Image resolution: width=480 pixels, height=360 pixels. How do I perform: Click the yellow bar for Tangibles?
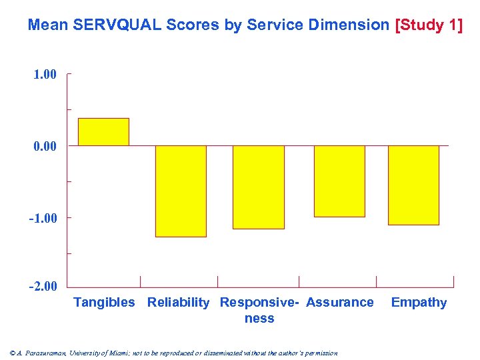(103, 132)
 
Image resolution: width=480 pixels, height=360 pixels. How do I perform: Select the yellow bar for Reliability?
(181, 191)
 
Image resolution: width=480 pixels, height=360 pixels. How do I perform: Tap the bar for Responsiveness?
(258, 187)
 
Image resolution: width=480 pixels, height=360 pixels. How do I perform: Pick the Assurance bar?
(339, 181)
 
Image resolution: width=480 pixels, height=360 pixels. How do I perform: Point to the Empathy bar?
(413, 185)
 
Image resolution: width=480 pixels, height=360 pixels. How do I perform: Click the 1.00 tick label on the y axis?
(45, 75)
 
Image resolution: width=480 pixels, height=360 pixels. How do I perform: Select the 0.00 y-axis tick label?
(45, 146)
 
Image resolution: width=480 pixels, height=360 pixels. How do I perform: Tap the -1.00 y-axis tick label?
(43, 218)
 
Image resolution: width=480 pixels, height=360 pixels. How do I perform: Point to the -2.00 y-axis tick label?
(43, 287)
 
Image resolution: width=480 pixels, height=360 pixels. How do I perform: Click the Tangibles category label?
(104, 303)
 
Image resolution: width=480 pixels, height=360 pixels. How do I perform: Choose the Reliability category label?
(178, 303)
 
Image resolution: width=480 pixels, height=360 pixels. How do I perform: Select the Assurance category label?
(340, 303)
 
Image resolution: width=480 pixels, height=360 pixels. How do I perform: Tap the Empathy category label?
(419, 303)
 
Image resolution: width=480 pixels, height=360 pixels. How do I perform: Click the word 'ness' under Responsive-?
(259, 319)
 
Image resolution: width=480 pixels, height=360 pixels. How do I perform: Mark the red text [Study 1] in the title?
(429, 25)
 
